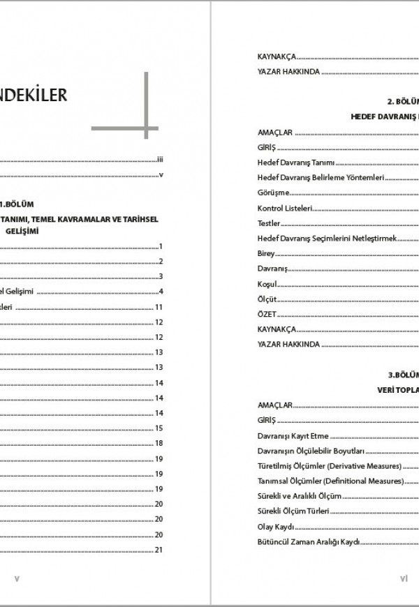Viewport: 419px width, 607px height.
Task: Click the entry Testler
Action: pos(269,223)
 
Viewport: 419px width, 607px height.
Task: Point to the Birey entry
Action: pos(266,254)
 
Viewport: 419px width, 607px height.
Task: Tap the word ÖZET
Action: pos(266,314)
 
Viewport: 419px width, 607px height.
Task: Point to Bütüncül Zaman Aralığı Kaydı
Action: pos(308,542)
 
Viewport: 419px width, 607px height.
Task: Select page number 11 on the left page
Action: pos(159,307)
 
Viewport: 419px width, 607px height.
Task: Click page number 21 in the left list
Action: pos(159,550)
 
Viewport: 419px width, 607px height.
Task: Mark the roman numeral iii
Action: pos(160,160)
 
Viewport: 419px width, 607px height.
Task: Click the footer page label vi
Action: pos(404,578)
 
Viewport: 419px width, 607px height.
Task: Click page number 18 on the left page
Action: pos(159,443)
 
